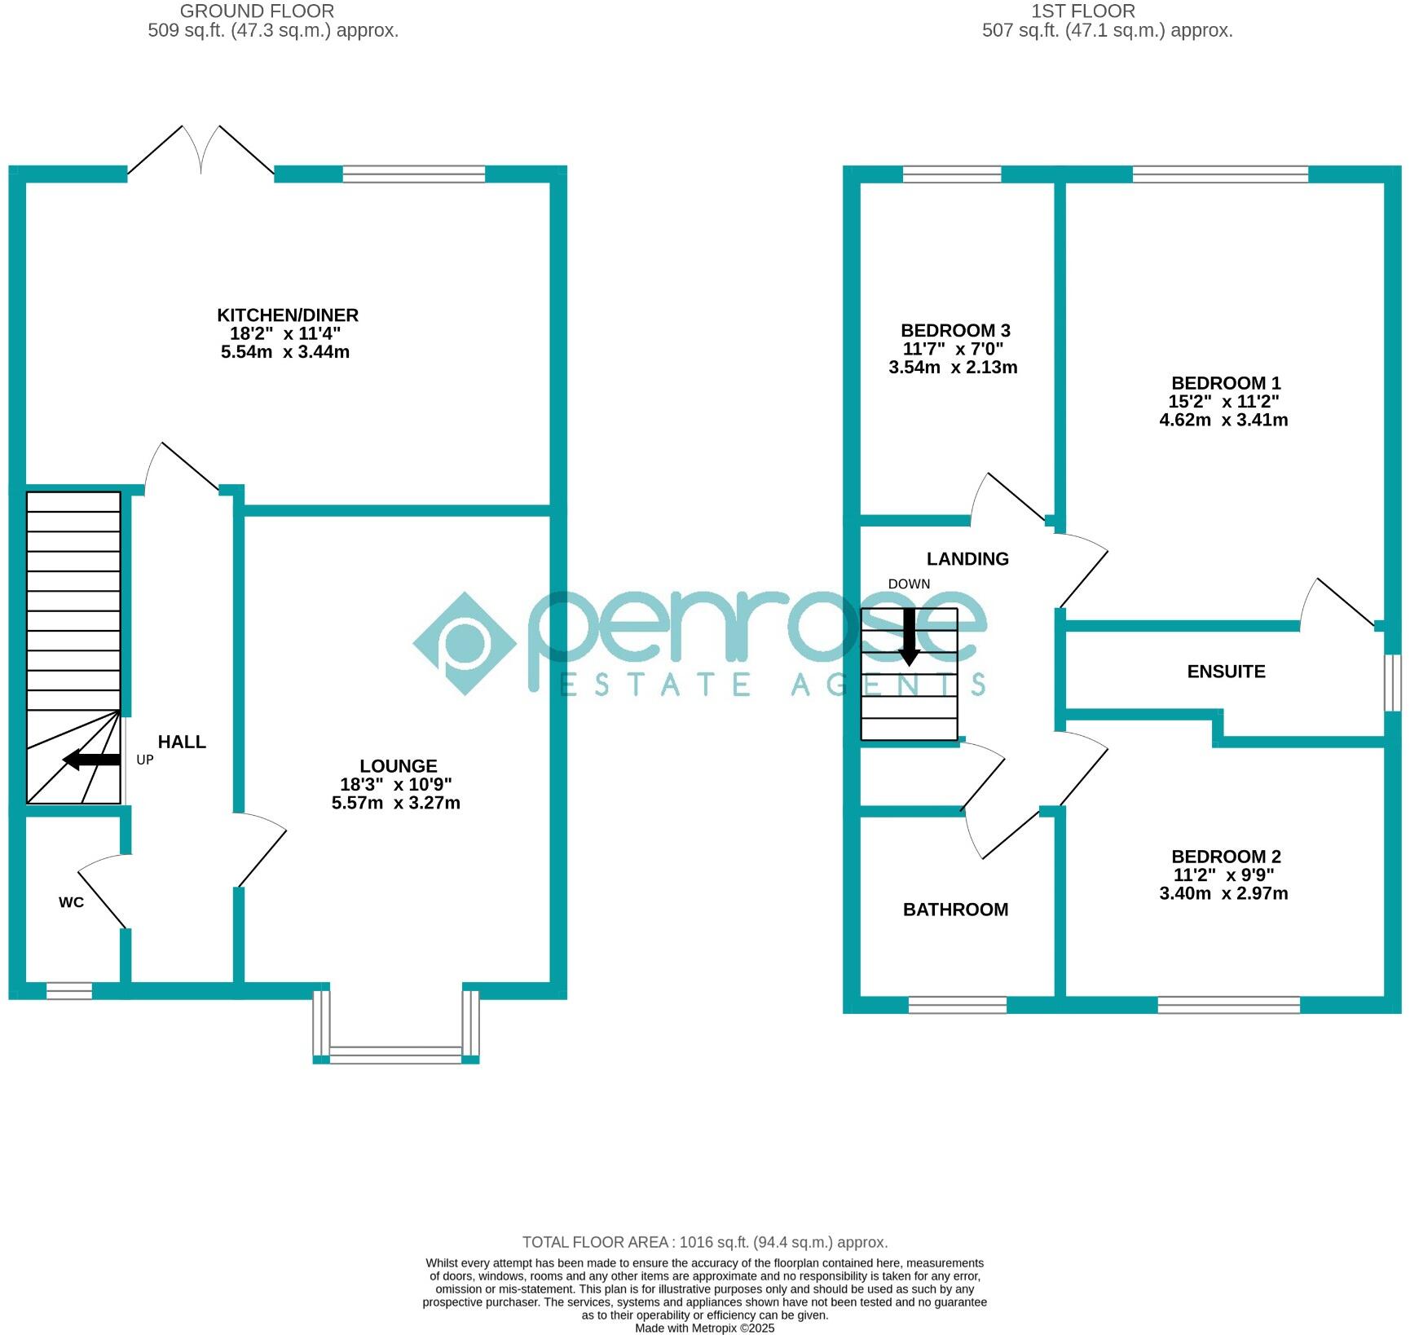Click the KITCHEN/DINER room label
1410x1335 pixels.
tap(287, 315)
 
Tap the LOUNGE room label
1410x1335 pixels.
tap(399, 766)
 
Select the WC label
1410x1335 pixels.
tap(71, 902)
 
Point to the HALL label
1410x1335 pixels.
tap(182, 742)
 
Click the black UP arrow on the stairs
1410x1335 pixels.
tap(91, 760)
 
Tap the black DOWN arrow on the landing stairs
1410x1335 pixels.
tap(909, 637)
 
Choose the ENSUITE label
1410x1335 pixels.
tap(1226, 672)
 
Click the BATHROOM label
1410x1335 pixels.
tap(955, 910)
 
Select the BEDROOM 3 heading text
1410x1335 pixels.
tap(955, 331)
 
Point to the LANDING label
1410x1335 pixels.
tap(967, 559)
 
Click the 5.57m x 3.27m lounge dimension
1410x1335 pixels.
tap(396, 803)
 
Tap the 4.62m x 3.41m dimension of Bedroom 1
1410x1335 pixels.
tap(1223, 421)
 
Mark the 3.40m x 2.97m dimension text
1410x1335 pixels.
tap(1223, 893)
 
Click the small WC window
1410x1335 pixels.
tap(68, 991)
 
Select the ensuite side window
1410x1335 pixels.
tap(1393, 683)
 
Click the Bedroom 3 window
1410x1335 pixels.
tap(951, 174)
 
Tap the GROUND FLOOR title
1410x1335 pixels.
tap(257, 11)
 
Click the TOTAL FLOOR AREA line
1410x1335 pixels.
tap(705, 1243)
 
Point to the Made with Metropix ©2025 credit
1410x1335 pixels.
tap(705, 1328)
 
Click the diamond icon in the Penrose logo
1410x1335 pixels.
tap(465, 644)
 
